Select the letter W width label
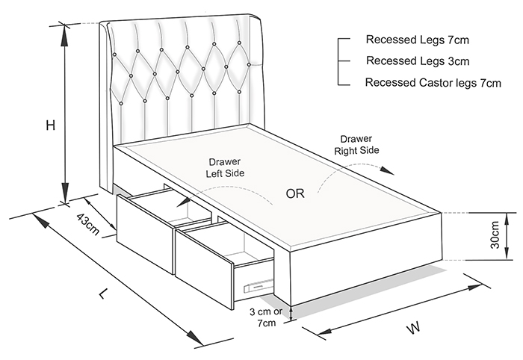(412, 327)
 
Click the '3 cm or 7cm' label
(267, 317)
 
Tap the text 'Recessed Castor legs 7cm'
(433, 83)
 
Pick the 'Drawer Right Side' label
(356, 144)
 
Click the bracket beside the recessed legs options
(341, 60)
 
